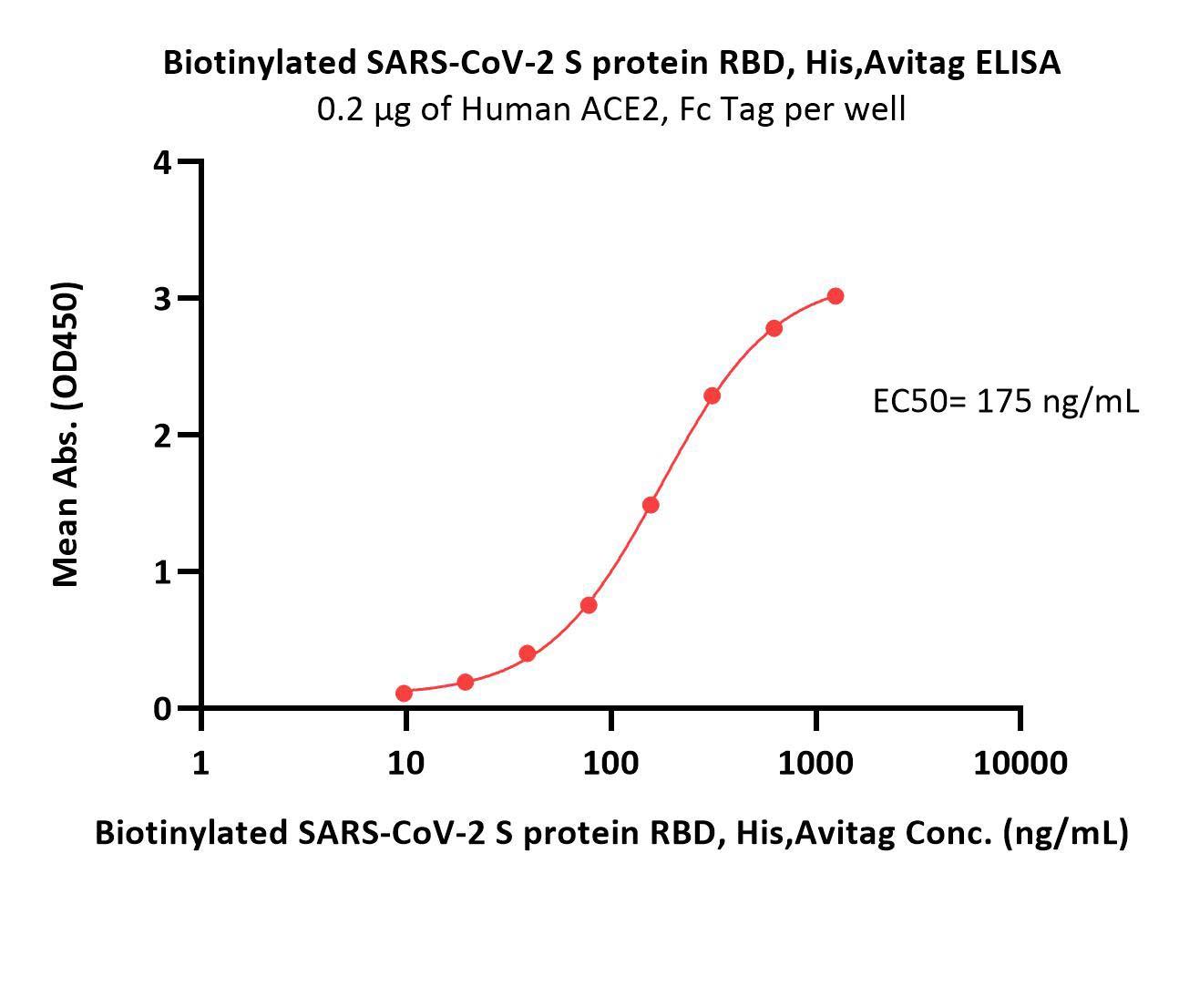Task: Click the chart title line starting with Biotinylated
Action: click(611, 63)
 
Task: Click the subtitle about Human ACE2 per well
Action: click(611, 109)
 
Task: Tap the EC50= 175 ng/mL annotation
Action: click(1005, 401)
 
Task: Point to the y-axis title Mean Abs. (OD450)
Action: click(67, 434)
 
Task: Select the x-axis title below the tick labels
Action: click(611, 832)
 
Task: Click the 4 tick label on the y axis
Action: click(163, 163)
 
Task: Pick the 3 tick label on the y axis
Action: click(163, 299)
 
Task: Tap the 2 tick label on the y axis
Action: click(163, 436)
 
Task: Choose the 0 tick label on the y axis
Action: click(163, 709)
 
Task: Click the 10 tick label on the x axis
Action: click(405, 763)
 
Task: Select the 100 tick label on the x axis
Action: click(610, 763)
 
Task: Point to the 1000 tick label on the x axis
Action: click(815, 763)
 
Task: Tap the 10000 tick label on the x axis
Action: click(1020, 763)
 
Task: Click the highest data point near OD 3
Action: click(835, 296)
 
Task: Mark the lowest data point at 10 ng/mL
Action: click(405, 694)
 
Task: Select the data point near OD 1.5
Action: click(651, 505)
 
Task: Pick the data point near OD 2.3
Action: click(713, 396)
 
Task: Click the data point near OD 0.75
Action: click(589, 605)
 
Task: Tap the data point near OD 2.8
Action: click(774, 328)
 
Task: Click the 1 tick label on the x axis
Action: click(200, 763)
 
